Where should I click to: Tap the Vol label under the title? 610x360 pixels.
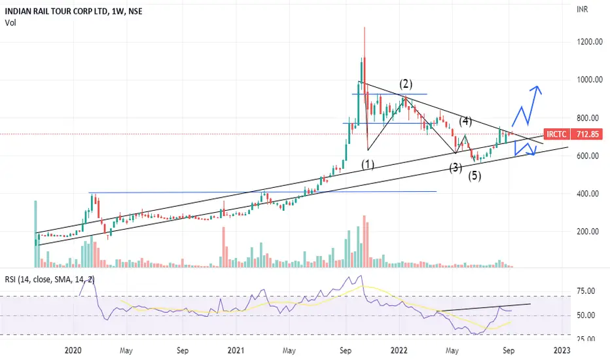coord(10,23)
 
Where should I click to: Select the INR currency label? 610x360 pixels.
coord(582,9)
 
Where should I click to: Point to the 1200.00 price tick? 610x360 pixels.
coord(589,42)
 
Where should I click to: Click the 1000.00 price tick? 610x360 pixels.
coord(589,80)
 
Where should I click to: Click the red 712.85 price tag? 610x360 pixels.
coord(588,134)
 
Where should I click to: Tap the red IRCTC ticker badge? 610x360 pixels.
coord(556,134)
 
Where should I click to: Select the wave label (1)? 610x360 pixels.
coord(368,165)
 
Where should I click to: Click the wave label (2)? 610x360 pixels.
coord(406,84)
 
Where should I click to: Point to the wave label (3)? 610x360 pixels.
coord(456,168)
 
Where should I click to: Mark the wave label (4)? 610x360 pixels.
coord(465,122)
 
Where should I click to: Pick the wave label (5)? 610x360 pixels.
coord(475,176)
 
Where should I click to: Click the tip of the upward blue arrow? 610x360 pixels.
coord(537,86)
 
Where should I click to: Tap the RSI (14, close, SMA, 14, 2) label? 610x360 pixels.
coord(49,279)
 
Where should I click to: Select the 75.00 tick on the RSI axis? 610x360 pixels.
coord(586,291)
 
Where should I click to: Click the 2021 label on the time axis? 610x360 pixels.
coord(236,351)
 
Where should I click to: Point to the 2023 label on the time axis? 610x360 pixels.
coord(562,351)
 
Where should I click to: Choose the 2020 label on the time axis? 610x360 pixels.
coord(73,351)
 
